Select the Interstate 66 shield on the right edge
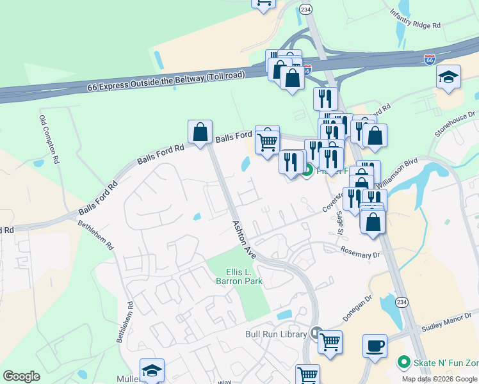430,60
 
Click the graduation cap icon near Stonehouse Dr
448,77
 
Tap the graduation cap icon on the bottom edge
152,371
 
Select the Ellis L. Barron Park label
244,276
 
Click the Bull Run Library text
277,334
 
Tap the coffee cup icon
375,346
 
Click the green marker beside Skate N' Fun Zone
403,362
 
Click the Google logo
21,376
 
